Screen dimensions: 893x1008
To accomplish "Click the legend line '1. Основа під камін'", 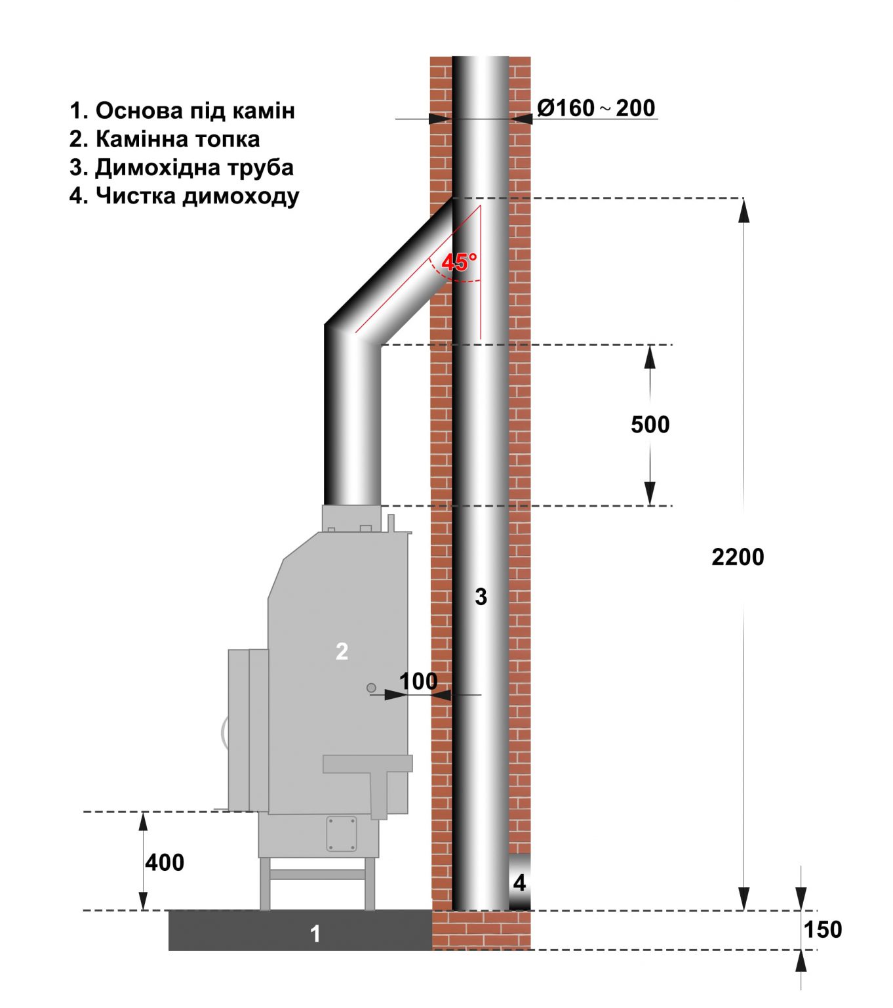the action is (x=182, y=110).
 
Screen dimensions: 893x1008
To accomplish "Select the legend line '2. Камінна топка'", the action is (x=165, y=139).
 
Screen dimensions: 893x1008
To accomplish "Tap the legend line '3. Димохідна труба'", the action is (x=182, y=167).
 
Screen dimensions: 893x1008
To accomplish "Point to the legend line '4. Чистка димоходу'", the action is (x=184, y=196).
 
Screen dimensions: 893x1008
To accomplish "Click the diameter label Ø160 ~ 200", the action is (x=596, y=108).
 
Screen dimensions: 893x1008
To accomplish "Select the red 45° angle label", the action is (x=458, y=262).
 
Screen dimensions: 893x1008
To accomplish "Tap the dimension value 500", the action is (x=650, y=425).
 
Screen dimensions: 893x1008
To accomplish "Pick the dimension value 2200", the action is (x=738, y=557).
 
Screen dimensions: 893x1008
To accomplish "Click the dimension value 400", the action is (x=165, y=862).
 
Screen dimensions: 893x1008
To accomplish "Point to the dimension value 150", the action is (x=823, y=930).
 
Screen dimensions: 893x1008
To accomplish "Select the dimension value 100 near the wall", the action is (x=418, y=681).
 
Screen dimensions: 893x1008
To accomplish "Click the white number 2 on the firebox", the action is (x=342, y=651).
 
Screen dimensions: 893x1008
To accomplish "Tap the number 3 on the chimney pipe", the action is (x=481, y=597).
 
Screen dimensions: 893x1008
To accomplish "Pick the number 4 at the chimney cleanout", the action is (x=519, y=883).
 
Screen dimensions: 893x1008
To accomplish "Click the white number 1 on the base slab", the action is (x=315, y=933).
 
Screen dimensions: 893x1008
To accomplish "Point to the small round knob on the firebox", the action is (x=371, y=688).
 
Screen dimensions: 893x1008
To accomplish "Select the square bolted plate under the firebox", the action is (x=342, y=833).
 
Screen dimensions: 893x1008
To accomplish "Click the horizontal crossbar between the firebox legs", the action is (x=318, y=874).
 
